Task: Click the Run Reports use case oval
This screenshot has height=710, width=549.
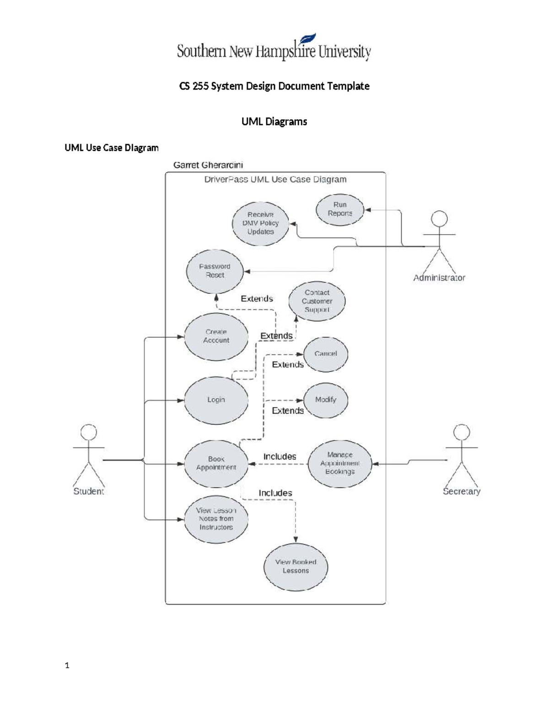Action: pos(340,209)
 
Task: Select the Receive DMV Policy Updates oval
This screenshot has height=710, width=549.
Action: pos(260,223)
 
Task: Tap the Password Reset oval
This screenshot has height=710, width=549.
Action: pos(215,271)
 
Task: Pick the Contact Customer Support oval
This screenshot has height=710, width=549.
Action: pos(317,301)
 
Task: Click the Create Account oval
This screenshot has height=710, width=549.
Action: pos(216,336)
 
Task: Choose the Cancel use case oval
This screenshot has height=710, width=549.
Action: pos(326,354)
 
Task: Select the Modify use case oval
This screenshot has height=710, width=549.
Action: pos(326,400)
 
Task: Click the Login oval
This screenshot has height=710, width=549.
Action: pos(216,400)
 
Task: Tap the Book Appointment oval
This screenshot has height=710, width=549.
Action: pos(216,463)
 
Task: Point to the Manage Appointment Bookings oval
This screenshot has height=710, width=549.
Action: pos(339,463)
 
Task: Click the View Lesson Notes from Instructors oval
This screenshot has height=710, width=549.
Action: pos(216,519)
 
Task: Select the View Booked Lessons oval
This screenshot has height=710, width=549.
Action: pos(296,567)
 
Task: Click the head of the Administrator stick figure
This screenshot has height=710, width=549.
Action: pos(440,219)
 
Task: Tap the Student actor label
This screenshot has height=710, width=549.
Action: pos(89,491)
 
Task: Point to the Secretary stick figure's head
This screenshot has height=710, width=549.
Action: pos(461,432)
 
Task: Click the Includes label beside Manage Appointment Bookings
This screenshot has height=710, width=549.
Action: pos(280,457)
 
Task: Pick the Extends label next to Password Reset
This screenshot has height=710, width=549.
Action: pos(257,299)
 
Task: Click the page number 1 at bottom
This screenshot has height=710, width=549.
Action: pos(67,666)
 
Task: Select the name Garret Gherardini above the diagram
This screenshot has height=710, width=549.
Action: pos(208,165)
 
